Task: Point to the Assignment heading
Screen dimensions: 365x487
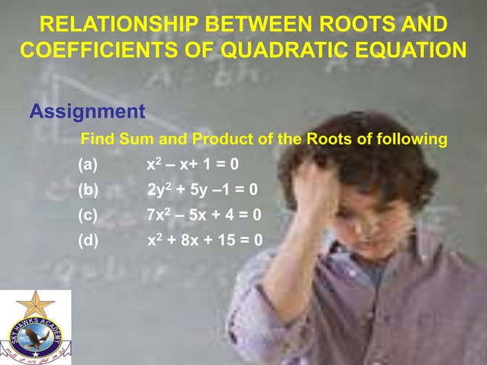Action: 87,112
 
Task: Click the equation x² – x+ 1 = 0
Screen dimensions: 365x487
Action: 192,164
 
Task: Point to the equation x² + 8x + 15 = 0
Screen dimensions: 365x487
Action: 205,241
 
